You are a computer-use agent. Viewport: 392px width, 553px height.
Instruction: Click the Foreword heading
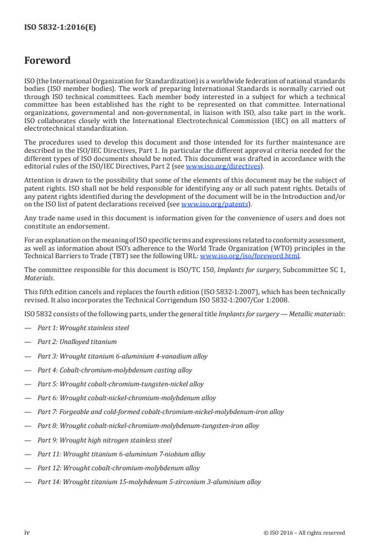(x=47, y=61)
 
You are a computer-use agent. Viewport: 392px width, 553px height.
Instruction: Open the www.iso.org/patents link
(x=206, y=205)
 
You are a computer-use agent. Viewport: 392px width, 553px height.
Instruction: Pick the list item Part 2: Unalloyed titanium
(x=77, y=342)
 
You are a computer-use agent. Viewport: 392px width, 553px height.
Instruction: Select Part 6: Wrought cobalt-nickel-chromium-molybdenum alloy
(x=126, y=398)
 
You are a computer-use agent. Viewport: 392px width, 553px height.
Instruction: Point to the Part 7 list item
(x=161, y=412)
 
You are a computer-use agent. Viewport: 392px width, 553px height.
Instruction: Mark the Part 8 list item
(x=148, y=425)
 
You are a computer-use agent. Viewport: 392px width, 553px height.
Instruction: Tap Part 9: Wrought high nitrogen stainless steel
(x=104, y=440)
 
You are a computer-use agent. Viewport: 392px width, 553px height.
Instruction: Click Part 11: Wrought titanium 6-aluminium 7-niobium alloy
(x=121, y=454)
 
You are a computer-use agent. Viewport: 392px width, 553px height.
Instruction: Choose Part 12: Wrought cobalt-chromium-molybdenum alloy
(x=118, y=468)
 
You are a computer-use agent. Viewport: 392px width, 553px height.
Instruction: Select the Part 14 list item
(x=149, y=482)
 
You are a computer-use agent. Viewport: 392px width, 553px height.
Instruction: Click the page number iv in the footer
(x=27, y=533)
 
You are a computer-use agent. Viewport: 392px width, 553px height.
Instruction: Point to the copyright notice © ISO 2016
(x=304, y=533)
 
